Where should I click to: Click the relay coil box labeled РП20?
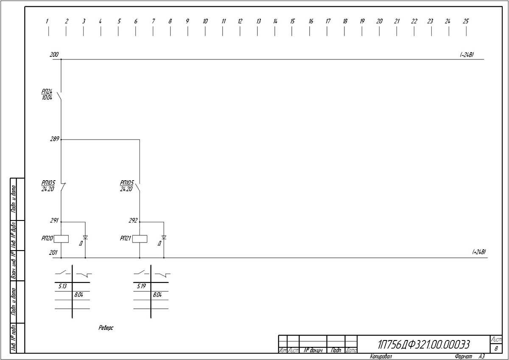click(62, 239)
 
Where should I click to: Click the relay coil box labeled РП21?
click(140, 239)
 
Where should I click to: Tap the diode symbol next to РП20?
click(85, 237)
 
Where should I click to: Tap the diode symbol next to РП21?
click(164, 237)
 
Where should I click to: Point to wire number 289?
click(54, 139)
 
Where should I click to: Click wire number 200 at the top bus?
click(54, 54)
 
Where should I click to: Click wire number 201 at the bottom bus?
click(53, 252)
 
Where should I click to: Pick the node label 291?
click(54, 220)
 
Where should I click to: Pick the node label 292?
click(133, 220)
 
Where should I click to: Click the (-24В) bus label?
click(467, 55)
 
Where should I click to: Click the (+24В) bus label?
click(479, 252)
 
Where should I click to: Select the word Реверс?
click(106, 327)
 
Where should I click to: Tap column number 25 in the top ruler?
click(466, 21)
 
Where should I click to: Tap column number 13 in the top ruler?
click(258, 21)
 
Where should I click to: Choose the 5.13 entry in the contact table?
click(63, 286)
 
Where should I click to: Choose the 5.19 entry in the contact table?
click(141, 286)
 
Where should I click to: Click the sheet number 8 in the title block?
click(496, 348)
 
